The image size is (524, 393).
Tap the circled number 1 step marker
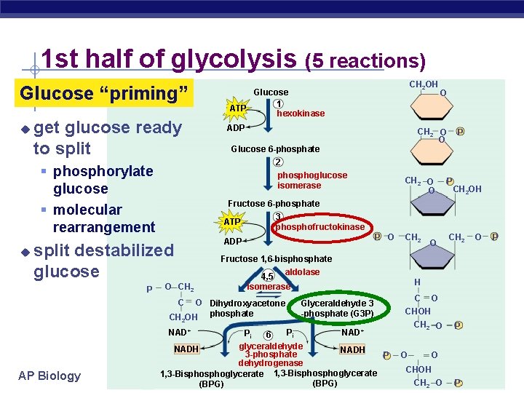pos(279,103)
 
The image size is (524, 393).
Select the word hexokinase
pos(301,114)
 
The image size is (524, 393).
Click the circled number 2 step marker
pos(278,162)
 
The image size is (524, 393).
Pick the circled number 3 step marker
pos(278,216)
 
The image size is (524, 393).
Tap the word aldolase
pos(302,271)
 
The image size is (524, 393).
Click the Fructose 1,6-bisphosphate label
pos(276,259)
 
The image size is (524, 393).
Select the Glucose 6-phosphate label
pos(275,149)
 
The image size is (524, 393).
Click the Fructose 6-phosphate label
pos(274,204)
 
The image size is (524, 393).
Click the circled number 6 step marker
pos(268,335)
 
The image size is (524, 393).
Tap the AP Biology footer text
pos(49,376)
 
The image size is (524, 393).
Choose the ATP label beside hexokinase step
pos(237,108)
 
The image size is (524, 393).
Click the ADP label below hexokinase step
pos(236,127)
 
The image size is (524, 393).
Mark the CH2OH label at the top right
pos(423,85)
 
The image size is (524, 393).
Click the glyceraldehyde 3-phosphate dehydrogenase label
pos(271,354)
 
